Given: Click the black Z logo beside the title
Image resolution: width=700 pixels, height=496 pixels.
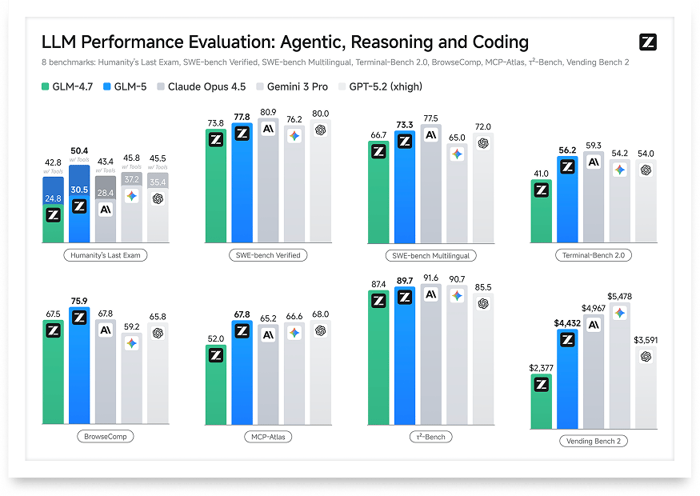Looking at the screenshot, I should [x=648, y=43].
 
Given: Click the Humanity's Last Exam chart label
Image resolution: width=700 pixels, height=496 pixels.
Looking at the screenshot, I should [x=106, y=255].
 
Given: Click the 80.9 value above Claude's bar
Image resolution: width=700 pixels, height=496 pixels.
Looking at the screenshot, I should [x=269, y=112].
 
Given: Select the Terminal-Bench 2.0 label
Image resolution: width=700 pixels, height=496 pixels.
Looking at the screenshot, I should [x=593, y=255].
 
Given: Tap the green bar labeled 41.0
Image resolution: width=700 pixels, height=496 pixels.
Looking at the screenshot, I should [x=542, y=212].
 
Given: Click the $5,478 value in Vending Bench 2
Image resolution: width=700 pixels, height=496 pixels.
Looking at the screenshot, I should [x=619, y=297].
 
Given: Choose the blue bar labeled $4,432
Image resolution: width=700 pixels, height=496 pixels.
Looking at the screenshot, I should [x=567, y=376].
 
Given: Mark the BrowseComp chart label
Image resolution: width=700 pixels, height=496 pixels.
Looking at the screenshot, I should [x=106, y=437].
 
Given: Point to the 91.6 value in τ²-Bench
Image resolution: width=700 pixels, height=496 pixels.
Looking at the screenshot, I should [x=430, y=278].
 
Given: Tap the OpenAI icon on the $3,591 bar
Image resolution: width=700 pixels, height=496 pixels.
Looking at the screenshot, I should [x=646, y=356].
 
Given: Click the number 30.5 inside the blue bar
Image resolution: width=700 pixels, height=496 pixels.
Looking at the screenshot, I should [x=79, y=189].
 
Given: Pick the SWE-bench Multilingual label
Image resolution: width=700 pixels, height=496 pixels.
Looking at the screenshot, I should [x=431, y=255].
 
